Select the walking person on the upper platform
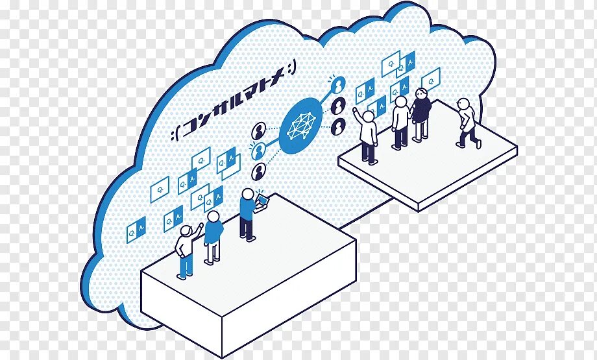(466, 123)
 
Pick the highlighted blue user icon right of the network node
(338, 85)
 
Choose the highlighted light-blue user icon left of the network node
(260, 151)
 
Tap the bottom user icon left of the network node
(260, 171)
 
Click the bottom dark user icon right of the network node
(338, 125)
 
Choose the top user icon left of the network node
(260, 130)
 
